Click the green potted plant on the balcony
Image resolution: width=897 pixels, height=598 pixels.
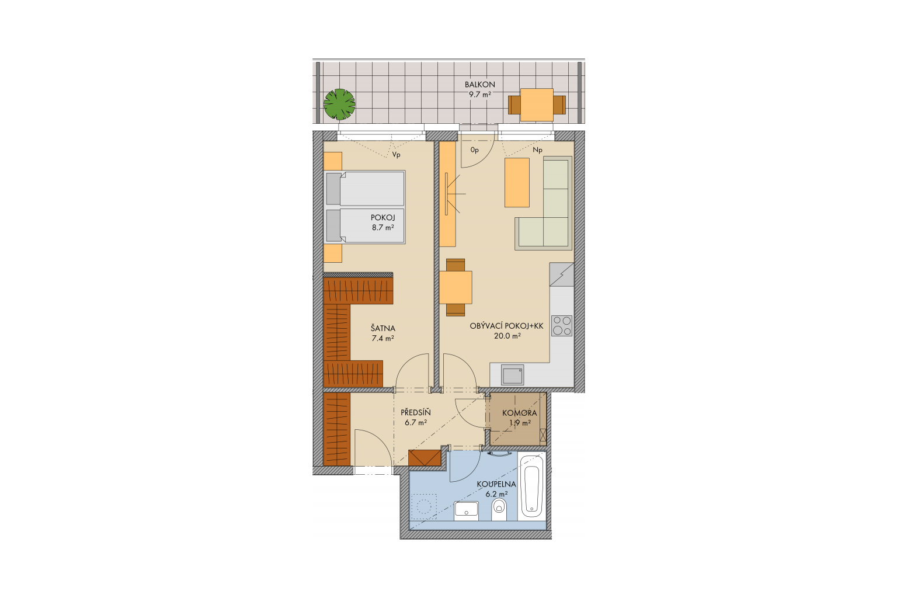(339, 104)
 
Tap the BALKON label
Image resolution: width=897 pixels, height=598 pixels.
(479, 85)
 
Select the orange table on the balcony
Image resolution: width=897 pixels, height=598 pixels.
(537, 105)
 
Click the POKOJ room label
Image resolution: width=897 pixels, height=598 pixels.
(383, 218)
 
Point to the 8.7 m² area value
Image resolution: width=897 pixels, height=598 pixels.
(383, 228)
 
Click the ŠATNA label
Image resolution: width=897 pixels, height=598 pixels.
(383, 328)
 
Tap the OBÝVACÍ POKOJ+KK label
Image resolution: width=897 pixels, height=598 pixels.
(506, 326)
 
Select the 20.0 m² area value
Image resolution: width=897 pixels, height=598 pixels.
(507, 336)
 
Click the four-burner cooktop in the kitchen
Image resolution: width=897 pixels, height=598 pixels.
(561, 326)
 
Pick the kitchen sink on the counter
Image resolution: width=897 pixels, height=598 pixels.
(513, 375)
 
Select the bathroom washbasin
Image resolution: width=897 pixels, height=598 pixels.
(467, 511)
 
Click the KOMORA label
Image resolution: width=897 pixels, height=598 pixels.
(519, 413)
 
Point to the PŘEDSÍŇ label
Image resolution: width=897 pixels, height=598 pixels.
(415, 412)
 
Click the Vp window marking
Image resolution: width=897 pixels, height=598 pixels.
(396, 155)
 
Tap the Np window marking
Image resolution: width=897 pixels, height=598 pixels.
(537, 150)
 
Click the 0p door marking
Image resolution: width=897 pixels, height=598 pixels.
(475, 150)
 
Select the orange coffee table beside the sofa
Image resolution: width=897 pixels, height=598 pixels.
(517, 183)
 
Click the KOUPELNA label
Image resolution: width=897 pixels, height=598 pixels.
(496, 484)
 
